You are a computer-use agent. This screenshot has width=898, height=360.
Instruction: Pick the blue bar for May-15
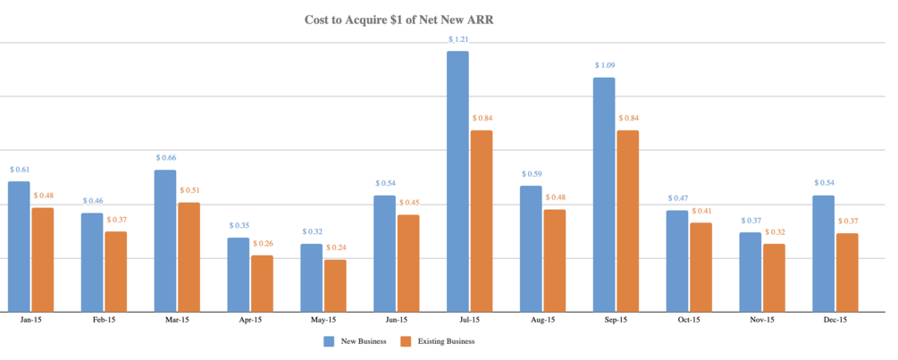pos(311,277)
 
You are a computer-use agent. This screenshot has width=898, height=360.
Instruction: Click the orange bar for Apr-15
pos(262,283)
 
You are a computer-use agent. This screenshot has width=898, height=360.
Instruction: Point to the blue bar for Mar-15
pos(165,240)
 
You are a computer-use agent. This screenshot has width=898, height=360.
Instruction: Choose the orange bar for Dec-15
pos(847,272)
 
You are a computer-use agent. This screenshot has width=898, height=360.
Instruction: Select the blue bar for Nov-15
pos(751,272)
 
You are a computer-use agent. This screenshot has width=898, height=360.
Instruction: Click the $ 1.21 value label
pos(457,39)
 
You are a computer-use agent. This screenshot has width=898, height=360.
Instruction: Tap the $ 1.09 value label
pos(604,65)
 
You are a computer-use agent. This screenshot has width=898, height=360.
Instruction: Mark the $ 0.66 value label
pos(165,157)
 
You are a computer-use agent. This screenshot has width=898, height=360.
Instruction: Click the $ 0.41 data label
pos(701,211)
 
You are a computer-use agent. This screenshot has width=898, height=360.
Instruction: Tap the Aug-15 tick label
pos(543,320)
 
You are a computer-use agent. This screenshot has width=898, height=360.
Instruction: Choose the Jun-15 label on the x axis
pos(397,320)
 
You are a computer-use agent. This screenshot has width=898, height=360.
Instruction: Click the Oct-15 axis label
pos(689,320)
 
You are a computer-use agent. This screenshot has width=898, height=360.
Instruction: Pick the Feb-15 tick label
pos(105,320)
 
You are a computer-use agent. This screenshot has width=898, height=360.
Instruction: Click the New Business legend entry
pos(355,341)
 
